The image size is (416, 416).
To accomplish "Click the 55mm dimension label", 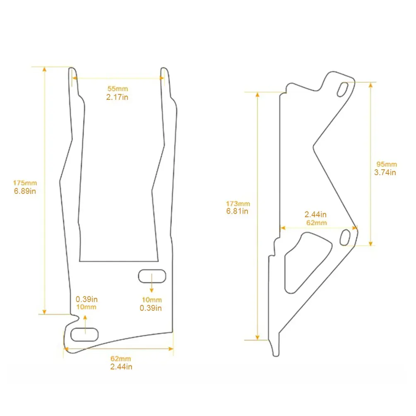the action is (x=118, y=89).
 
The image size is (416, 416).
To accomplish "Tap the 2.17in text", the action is (x=117, y=97).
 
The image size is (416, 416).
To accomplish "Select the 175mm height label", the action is (x=25, y=183).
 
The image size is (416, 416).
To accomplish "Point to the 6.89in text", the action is (x=25, y=191).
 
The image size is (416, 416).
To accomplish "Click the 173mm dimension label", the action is (x=238, y=204).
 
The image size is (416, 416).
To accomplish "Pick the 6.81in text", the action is (x=237, y=211).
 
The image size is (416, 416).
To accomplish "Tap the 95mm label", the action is (x=387, y=164).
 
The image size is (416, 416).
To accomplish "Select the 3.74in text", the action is (x=385, y=173).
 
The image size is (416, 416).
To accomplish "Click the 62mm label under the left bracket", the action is (x=121, y=359).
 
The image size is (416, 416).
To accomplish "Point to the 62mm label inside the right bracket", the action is (x=317, y=223).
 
